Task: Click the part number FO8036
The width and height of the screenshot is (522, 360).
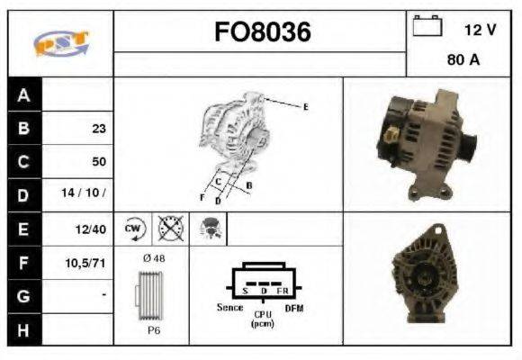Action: (x=263, y=32)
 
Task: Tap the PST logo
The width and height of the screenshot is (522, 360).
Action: (x=61, y=43)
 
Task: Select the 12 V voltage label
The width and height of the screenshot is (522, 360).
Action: (x=480, y=30)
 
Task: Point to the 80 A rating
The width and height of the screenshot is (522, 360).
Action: (x=463, y=60)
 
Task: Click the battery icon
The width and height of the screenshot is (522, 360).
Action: (x=427, y=25)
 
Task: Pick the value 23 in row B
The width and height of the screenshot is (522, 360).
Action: (x=99, y=129)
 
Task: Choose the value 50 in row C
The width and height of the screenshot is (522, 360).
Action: (x=99, y=161)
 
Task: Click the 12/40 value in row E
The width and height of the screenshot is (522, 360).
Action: (x=91, y=229)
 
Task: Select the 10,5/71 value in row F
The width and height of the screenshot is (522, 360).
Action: (x=85, y=263)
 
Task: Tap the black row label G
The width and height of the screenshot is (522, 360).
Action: (x=24, y=296)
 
